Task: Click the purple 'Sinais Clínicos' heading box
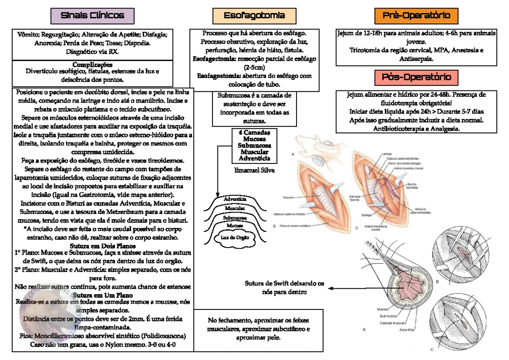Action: point(92,16)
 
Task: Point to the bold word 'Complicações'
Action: point(92,65)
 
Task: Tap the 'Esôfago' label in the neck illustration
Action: point(367,215)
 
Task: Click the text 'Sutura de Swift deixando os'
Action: point(284,284)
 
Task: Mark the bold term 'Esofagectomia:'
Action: point(215,59)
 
